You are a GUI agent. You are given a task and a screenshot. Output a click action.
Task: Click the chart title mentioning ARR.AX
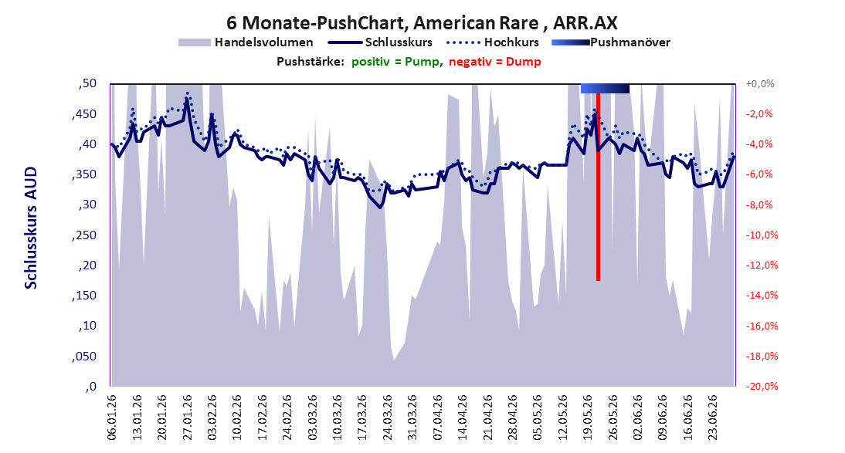pos(422,22)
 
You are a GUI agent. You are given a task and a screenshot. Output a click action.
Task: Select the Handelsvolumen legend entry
pos(246,42)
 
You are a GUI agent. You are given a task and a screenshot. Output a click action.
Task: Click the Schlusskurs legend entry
pos(380,42)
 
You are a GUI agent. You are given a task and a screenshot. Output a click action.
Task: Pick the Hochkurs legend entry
pos(493,42)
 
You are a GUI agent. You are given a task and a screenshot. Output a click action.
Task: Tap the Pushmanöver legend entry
pos(611,42)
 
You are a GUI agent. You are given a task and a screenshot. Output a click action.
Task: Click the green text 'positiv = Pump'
pos(395,62)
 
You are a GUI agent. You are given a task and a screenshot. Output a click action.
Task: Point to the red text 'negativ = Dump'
pos(494,62)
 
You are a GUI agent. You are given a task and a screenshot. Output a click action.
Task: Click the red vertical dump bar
pos(598,187)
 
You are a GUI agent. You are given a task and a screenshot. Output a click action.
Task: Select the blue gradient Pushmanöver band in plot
pos(606,88)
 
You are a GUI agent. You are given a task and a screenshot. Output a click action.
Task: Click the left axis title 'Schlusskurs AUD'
pos(31,228)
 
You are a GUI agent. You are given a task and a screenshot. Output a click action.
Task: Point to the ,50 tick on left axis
pos(87,83)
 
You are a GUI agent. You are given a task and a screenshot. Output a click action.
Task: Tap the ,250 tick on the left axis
pos(84,235)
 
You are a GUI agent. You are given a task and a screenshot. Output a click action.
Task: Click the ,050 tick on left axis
pos(84,356)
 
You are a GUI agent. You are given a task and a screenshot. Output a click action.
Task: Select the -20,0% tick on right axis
pos(762,386)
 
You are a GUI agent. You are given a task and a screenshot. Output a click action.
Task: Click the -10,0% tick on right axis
pos(762,235)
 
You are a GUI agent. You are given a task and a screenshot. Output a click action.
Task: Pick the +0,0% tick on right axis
pos(760,83)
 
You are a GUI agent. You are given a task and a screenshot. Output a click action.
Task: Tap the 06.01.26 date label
pos(111,418)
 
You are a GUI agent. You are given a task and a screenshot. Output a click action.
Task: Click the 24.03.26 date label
pos(388,418)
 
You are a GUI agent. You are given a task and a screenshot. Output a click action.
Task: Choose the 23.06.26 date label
pos(714,418)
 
